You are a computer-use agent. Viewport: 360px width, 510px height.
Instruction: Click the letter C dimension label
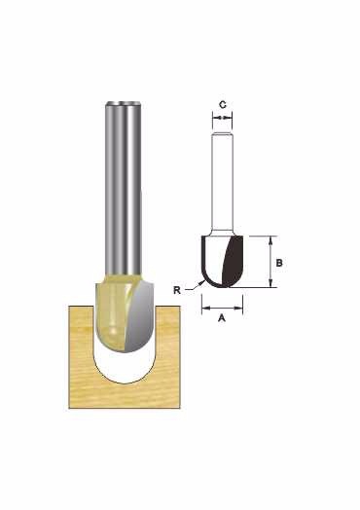point(223,105)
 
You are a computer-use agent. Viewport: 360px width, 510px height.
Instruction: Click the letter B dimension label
point(279,263)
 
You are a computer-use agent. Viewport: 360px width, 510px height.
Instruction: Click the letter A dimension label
point(222,317)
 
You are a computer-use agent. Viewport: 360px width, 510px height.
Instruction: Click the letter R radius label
point(177,290)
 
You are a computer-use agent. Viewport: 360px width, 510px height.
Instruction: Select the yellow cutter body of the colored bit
point(112,312)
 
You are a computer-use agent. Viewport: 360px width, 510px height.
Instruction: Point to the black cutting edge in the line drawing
point(234,262)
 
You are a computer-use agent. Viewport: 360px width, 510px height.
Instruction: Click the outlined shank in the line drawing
point(222,182)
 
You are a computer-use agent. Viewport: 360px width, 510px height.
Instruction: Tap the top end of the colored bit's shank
point(124,103)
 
